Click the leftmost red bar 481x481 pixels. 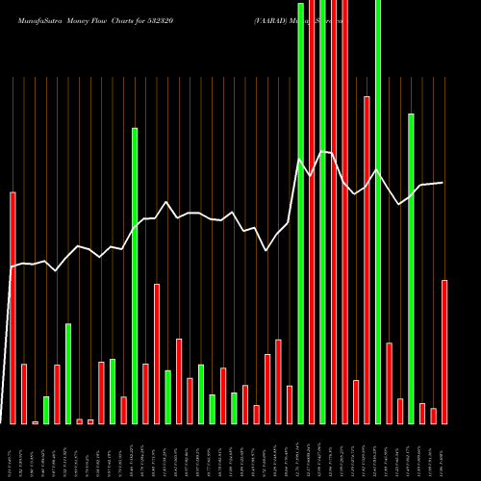point(13,308)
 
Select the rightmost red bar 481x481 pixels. point(444,351)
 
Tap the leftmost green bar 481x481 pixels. point(46,410)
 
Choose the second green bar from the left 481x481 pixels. point(68,373)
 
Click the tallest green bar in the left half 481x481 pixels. point(135,275)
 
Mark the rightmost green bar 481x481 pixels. point(411,268)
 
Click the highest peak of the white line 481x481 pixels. point(322,152)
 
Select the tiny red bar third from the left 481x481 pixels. point(36,421)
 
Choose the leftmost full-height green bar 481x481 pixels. point(300,213)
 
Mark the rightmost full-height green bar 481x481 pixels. point(378,212)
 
